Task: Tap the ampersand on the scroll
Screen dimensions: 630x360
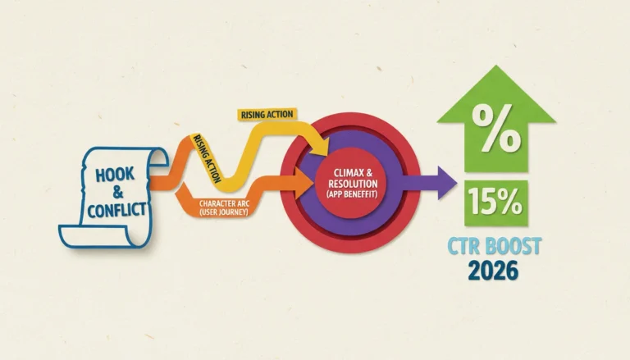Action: [118, 193]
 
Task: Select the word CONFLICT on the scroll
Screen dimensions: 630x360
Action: [116, 210]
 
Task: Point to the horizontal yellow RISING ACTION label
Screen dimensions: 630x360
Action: [267, 115]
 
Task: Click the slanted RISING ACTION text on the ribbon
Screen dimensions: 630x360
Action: [208, 158]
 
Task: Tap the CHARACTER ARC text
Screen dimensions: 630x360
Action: [224, 203]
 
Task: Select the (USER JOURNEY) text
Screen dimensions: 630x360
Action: [224, 212]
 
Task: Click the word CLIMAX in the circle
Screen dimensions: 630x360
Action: [347, 173]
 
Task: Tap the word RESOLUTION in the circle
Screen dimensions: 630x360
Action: [353, 184]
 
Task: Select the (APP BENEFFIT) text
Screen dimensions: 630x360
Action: [353, 194]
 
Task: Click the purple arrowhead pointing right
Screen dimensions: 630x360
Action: [447, 183]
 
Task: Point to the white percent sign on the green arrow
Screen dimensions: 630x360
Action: [496, 128]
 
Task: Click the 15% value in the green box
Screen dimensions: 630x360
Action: [495, 202]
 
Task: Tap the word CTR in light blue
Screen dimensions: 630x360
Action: [463, 246]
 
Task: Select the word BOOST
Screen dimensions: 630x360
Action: [513, 246]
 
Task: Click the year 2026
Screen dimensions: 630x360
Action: [493, 271]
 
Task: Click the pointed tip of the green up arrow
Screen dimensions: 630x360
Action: [496, 66]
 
